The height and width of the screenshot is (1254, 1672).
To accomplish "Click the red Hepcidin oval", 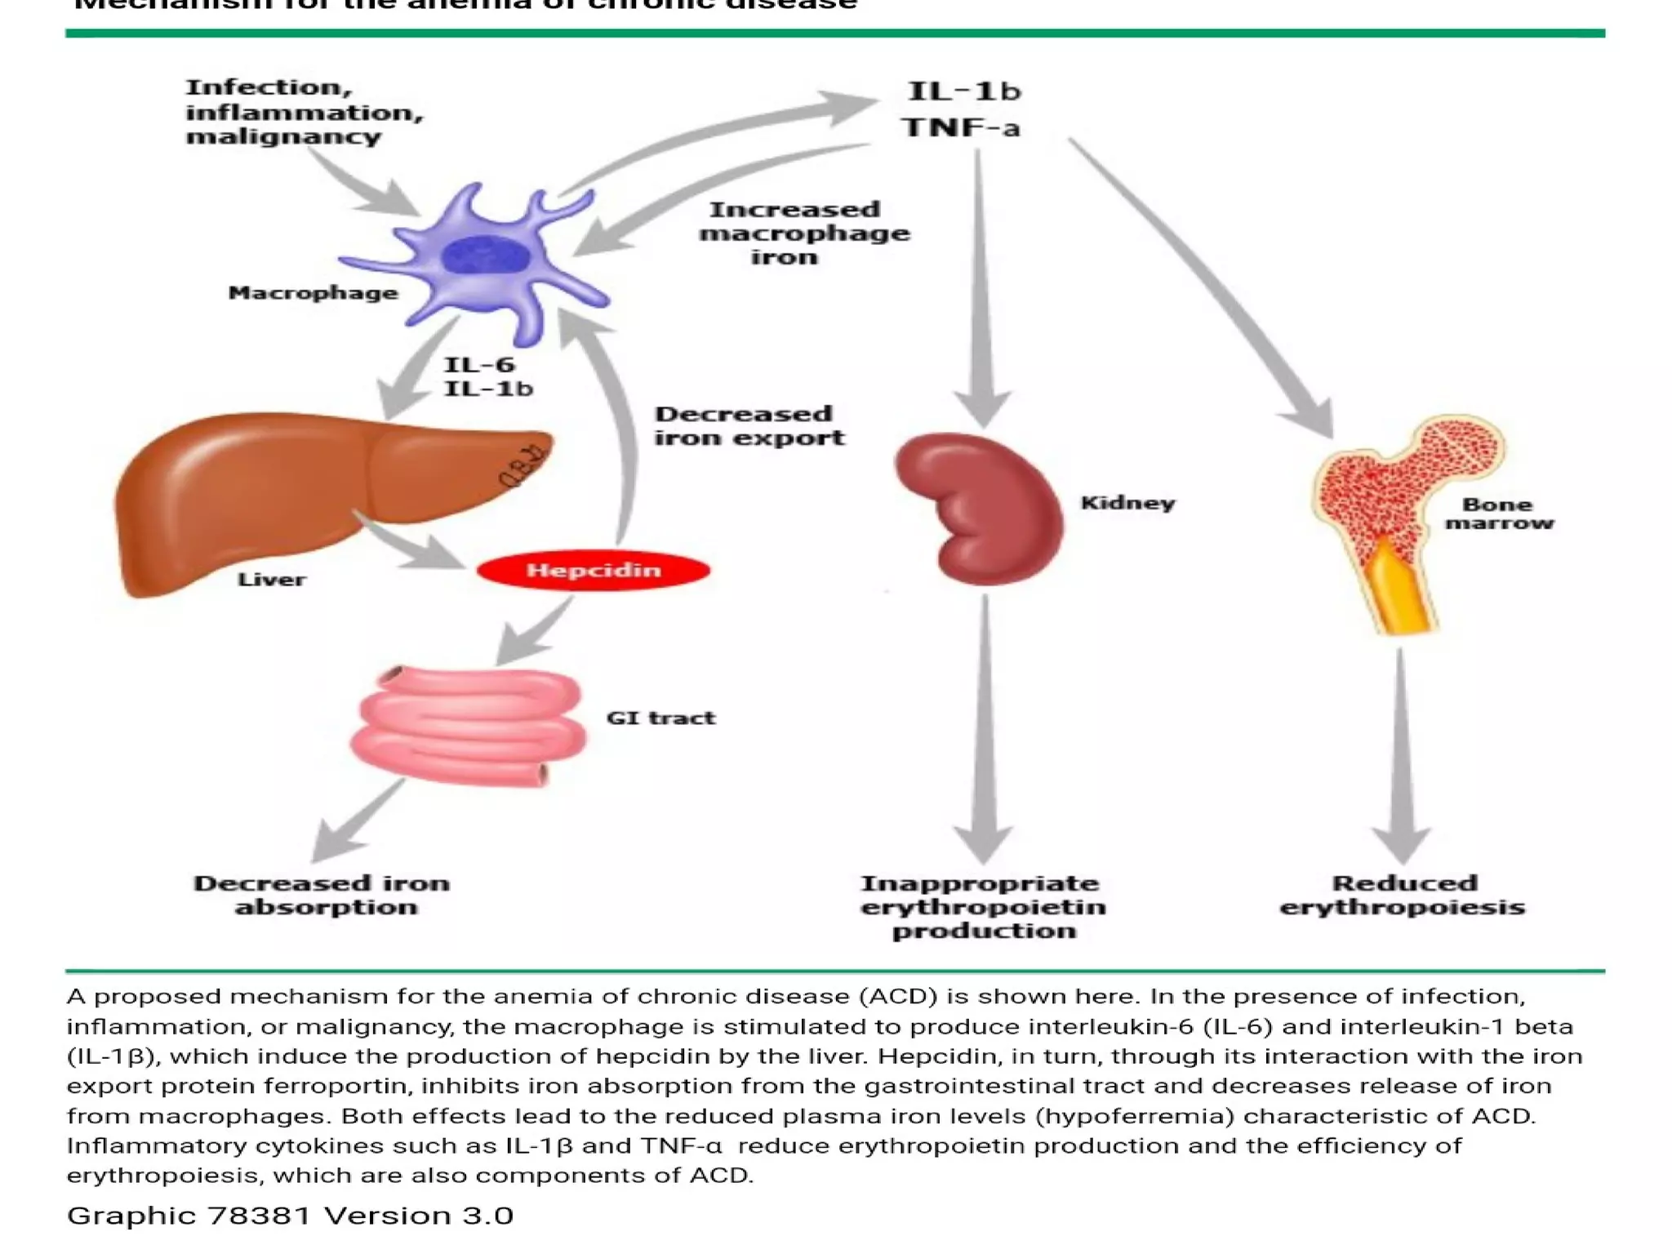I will click(x=594, y=570).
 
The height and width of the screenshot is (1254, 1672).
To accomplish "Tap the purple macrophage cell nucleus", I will click(x=485, y=256).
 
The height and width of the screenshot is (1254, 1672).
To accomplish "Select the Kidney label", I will click(x=1127, y=503).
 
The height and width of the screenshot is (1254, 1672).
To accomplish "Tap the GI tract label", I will click(x=660, y=718).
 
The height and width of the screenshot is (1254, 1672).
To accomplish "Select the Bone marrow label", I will click(x=1499, y=514).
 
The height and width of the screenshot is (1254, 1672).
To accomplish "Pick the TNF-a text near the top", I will click(x=961, y=128).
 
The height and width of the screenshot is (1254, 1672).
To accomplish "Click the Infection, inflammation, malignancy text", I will click(x=304, y=112).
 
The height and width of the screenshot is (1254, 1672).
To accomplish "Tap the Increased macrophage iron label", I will click(x=803, y=233).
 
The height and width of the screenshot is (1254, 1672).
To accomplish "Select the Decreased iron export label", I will click(x=749, y=426).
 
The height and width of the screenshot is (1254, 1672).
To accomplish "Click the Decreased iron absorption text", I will click(x=323, y=895).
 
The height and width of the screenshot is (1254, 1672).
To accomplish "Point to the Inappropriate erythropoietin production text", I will click(x=983, y=907).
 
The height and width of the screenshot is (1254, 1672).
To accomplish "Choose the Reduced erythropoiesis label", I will click(x=1402, y=895).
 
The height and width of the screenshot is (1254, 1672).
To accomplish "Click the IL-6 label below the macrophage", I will click(x=479, y=365).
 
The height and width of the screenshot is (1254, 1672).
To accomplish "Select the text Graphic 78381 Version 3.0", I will click(x=290, y=1216).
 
